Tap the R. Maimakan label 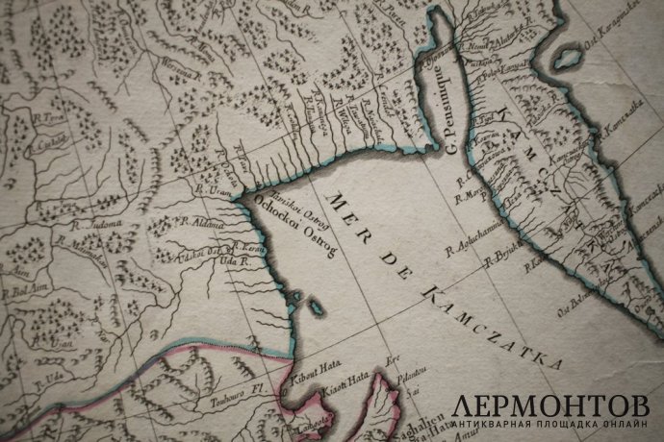click(x=81, y=244)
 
